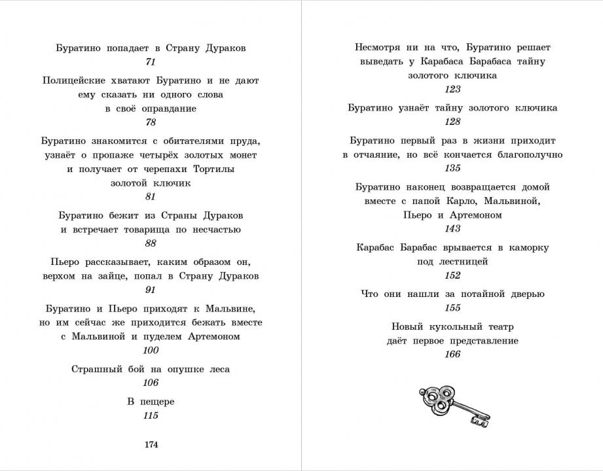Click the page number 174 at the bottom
pos(151,445)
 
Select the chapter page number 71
pos(151,62)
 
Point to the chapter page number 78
pos(151,122)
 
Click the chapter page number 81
pos(151,197)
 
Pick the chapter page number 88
pos(151,243)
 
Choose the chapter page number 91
pos(151,290)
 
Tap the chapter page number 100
pos(151,351)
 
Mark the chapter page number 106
pos(151,383)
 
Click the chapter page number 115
pos(151,415)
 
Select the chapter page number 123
pos(452,90)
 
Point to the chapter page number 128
pos(452,122)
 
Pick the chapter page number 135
pos(452,168)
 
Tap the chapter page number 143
pos(452,229)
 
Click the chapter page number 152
pos(452,275)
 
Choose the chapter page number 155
pos(452,308)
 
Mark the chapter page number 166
pos(452,355)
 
